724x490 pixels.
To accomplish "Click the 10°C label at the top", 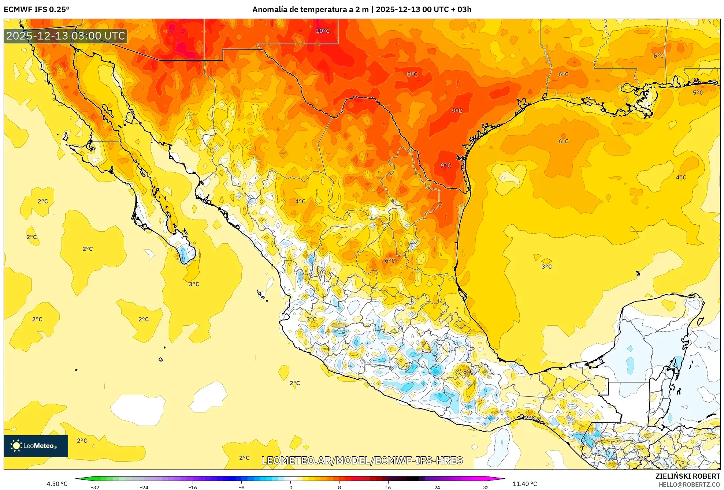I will tap(323, 31).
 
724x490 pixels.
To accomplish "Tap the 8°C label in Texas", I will tap(412, 74).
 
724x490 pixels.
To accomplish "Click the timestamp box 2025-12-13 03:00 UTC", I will tap(66, 36).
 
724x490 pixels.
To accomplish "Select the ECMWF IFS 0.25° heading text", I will tap(37, 10).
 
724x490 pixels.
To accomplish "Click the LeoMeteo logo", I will tap(36, 446).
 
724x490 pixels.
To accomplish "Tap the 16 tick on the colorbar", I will tap(388, 487).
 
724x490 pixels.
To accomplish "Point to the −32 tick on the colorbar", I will tap(95, 487).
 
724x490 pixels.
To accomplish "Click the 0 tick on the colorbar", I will tap(291, 487).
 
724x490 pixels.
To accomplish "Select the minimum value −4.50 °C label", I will tap(56, 484).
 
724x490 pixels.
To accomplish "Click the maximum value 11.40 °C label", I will tap(524, 484).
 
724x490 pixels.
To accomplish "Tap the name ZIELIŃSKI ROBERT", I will tap(687, 476).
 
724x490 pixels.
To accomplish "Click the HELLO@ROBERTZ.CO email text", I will tap(689, 485).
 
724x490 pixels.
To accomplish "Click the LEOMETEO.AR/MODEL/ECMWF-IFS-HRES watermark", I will tap(362, 460).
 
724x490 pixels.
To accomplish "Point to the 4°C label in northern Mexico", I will tap(300, 201).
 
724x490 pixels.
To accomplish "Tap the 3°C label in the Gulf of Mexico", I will tap(546, 267).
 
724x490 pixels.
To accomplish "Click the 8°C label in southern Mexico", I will tap(468, 372).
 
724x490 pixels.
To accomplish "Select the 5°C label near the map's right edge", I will tap(698, 93).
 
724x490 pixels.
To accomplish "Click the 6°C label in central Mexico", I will tap(390, 261).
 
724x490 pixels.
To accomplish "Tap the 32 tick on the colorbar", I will tap(486, 487).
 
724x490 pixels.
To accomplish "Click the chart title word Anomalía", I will tap(269, 10).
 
